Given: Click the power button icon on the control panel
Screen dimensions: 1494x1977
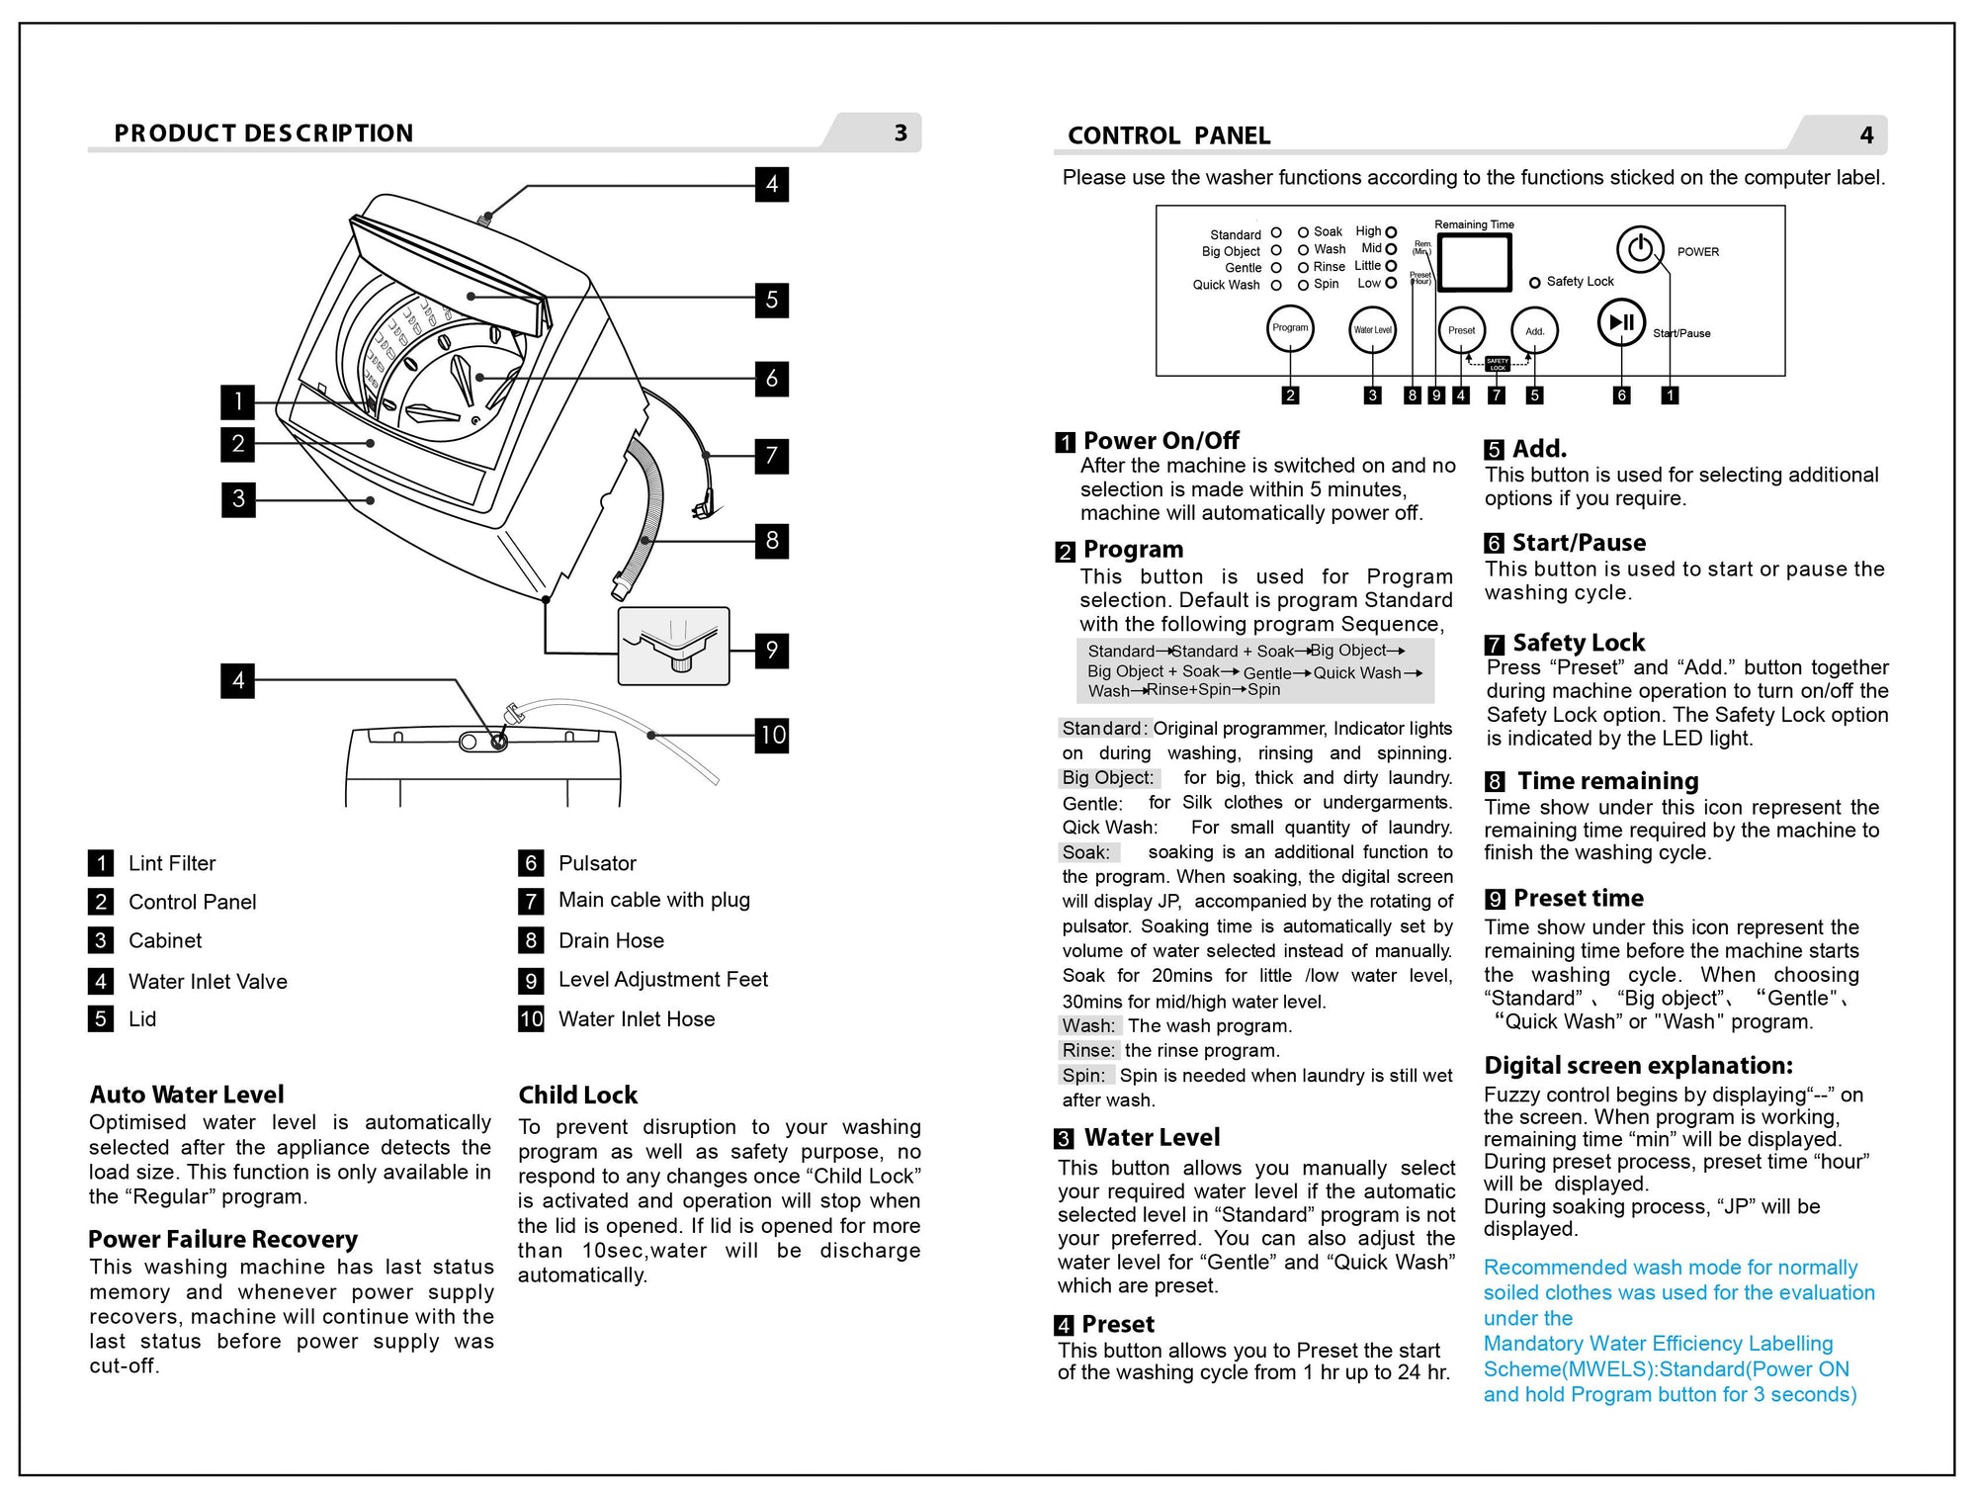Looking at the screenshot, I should (1640, 248).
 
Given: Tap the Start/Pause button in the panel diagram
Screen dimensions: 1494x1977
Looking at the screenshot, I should (1622, 322).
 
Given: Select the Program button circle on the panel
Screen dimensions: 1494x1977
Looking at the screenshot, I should (1290, 329).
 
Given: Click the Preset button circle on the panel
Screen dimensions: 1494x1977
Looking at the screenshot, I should (1461, 331).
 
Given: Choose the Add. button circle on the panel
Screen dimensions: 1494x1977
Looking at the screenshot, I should (1534, 331).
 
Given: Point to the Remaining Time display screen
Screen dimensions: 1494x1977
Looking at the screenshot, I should (1474, 262).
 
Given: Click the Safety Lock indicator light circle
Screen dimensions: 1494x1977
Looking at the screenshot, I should (1534, 283).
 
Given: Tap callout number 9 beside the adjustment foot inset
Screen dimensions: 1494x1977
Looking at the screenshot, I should (772, 650).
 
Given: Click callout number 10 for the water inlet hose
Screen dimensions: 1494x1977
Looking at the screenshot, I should (772, 735).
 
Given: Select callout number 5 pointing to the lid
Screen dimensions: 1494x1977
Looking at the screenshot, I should (772, 300).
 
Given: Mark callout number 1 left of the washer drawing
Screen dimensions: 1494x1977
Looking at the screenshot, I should (237, 401).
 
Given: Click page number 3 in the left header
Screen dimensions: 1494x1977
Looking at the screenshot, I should (901, 133).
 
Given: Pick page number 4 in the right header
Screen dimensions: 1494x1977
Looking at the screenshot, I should (1866, 135).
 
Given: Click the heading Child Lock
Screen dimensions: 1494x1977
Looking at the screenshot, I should (578, 1095).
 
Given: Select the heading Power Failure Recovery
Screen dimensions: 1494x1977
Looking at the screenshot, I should (222, 1239).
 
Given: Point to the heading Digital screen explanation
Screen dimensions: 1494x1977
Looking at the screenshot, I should (1638, 1065).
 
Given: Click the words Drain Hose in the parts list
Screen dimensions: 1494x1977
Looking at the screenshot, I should (611, 940).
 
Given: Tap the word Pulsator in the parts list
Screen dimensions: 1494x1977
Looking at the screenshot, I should (597, 863).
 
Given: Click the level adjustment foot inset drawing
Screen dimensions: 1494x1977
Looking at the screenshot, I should (673, 647).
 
